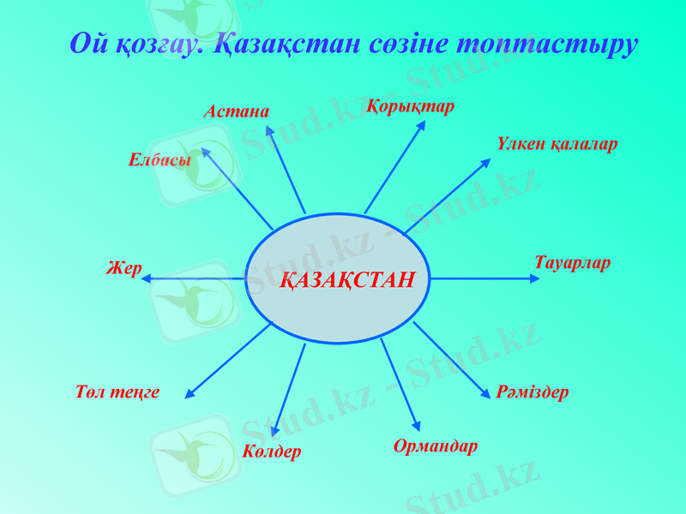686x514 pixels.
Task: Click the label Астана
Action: point(236,111)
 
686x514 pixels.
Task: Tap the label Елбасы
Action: point(159,159)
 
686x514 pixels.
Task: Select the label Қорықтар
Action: point(411,107)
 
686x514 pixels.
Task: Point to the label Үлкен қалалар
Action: point(557,144)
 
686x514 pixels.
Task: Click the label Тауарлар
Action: point(572,263)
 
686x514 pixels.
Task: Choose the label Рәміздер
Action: point(533,392)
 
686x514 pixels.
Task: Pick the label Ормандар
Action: point(436,446)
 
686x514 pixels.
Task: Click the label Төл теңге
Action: point(117,392)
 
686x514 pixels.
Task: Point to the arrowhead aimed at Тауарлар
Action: point(535,278)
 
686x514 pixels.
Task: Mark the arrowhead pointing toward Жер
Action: point(146,278)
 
